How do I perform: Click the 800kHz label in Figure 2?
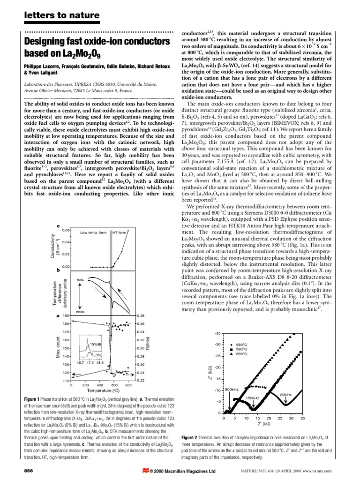[233, 390]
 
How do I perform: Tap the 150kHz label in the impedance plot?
[252, 398]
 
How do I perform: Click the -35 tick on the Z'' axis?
[217, 333]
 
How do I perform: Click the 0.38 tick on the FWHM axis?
[141, 316]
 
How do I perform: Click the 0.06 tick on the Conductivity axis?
[66, 230]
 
